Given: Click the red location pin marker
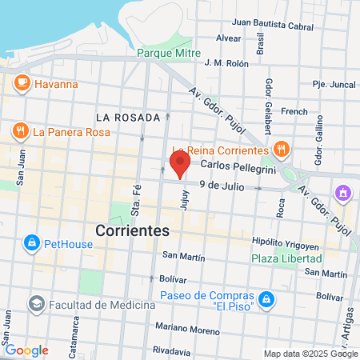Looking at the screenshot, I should pyautogui.click(x=180, y=165).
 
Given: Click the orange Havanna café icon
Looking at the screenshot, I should pyautogui.click(x=22, y=83).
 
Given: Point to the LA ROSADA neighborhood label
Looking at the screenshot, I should pyautogui.click(x=127, y=118).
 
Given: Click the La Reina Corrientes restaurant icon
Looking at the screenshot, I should pyautogui.click(x=280, y=149).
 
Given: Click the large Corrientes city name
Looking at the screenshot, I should pyautogui.click(x=132, y=230).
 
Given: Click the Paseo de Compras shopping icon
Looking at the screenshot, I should pyautogui.click(x=266, y=301).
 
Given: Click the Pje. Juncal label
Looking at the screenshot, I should pyautogui.click(x=333, y=83).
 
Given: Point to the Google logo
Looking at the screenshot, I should pyautogui.click(x=26, y=350).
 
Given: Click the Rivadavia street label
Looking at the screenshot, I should pyautogui.click(x=172, y=350).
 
